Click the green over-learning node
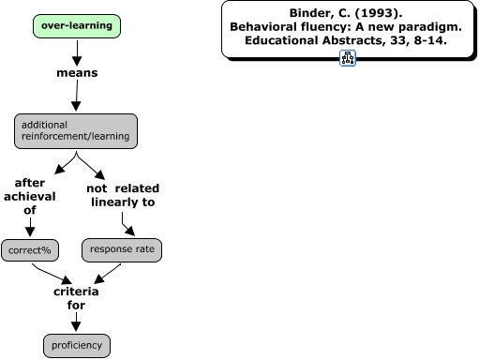(x=76, y=25)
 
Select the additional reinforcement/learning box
(x=76, y=131)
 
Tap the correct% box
(x=28, y=251)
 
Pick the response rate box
(x=122, y=249)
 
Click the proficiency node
(x=77, y=345)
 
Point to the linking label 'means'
(x=76, y=72)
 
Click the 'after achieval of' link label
(x=29, y=196)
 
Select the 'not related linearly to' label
(x=122, y=196)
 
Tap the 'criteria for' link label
(x=76, y=298)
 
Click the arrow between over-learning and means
(x=76, y=52)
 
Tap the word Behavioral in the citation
(x=265, y=28)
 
